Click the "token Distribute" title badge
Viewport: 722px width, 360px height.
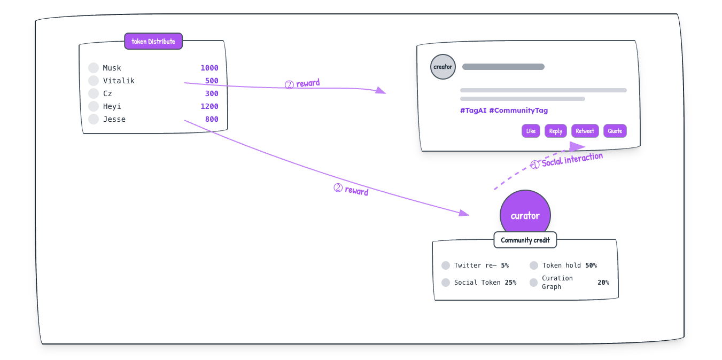153,41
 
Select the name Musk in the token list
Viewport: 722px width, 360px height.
112,68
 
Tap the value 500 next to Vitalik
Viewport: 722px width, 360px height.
212,81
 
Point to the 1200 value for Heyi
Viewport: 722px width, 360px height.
209,106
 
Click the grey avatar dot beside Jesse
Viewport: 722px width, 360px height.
94,119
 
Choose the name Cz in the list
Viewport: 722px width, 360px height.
107,93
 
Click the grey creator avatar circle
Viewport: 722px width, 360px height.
442,67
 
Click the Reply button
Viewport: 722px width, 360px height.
555,131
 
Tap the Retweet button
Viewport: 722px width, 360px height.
585,131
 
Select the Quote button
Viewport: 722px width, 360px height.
615,131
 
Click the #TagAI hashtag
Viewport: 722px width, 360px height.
473,111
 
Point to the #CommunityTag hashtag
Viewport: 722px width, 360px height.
518,111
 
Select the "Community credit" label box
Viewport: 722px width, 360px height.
525,240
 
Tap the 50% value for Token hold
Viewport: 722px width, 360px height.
591,265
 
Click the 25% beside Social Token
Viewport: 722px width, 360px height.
510,283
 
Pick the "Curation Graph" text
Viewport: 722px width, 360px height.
557,283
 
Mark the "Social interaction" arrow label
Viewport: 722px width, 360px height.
572,160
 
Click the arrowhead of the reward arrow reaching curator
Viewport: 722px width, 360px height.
464,213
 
